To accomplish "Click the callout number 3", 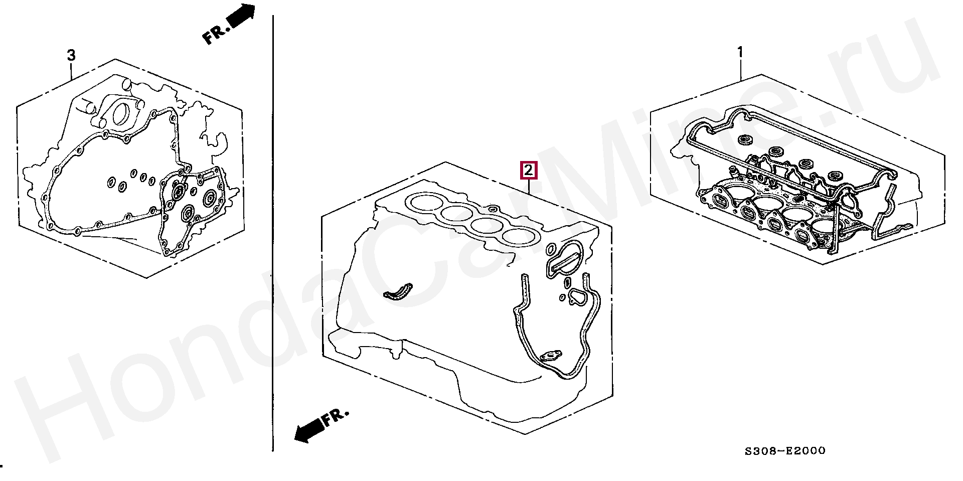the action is coord(72,55).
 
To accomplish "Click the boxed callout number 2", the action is coord(529,171).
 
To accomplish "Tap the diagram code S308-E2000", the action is coord(784,451).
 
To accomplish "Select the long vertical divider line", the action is coord(273,233).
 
